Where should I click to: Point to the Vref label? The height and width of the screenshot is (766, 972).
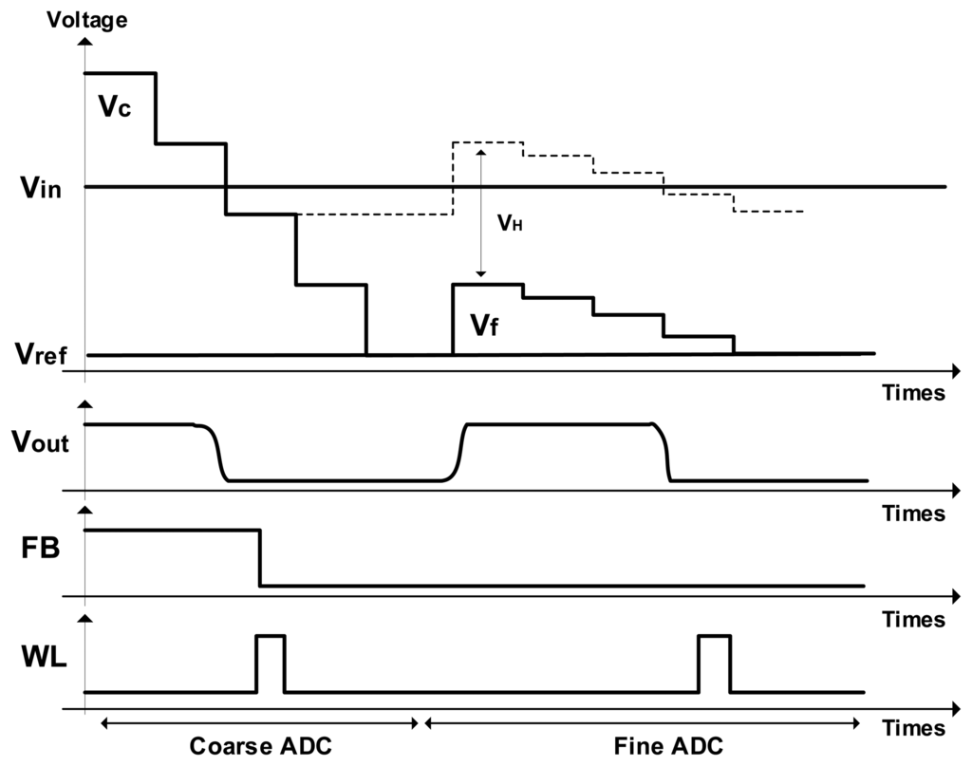point(40,354)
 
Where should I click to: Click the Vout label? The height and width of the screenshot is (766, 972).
point(40,440)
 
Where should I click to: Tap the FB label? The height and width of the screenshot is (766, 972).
point(41,550)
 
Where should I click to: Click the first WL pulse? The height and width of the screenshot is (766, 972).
point(270,663)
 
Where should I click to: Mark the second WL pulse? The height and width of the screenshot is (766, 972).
point(713,663)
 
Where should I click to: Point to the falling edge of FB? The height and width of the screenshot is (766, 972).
point(260,558)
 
